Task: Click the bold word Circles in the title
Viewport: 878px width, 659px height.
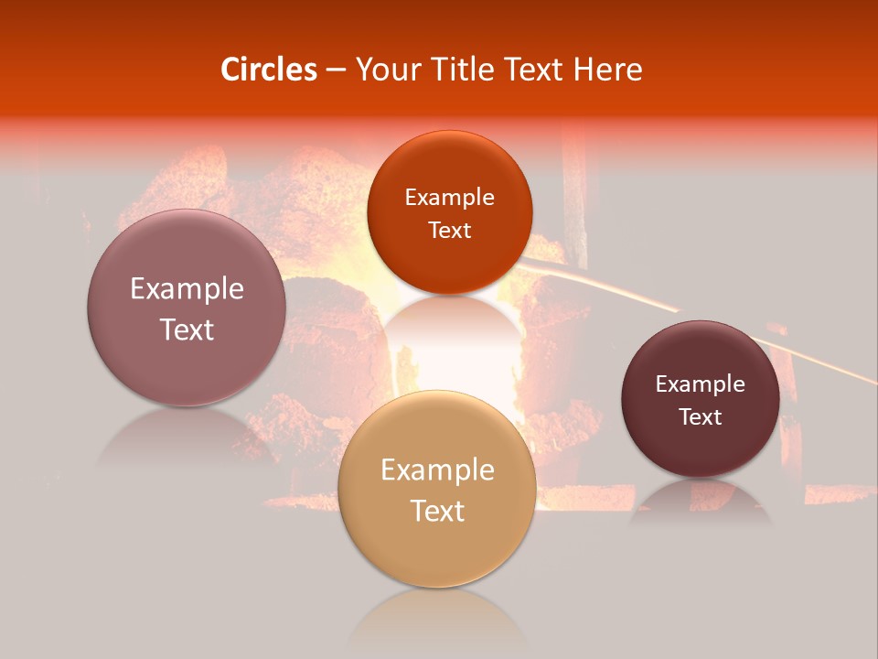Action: pyautogui.click(x=269, y=70)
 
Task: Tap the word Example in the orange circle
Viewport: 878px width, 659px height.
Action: pyautogui.click(x=449, y=198)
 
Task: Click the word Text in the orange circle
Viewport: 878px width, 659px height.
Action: pyautogui.click(x=449, y=231)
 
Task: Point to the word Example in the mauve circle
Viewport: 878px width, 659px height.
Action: pyautogui.click(x=187, y=289)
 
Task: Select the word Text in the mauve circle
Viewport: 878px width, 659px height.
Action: pyautogui.click(x=187, y=329)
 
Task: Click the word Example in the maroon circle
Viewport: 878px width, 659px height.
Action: pyautogui.click(x=701, y=384)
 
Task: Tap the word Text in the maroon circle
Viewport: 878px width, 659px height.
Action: pyautogui.click(x=701, y=417)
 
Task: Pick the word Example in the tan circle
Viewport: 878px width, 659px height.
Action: pyautogui.click(x=437, y=470)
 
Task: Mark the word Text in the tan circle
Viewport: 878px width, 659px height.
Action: pyautogui.click(x=437, y=511)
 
